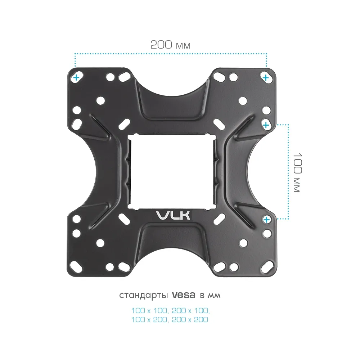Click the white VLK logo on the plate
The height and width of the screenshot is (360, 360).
tap(173, 216)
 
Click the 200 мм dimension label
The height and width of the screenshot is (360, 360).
tap(170, 45)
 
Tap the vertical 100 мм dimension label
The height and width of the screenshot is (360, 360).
tap(298, 173)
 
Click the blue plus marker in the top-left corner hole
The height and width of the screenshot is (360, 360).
tap(76, 78)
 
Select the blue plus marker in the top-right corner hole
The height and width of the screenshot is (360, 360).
tap(266, 78)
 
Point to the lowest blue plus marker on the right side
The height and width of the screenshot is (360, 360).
tap(266, 220)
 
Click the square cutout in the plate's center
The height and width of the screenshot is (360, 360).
tap(172, 171)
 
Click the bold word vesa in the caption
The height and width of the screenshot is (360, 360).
tap(184, 295)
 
